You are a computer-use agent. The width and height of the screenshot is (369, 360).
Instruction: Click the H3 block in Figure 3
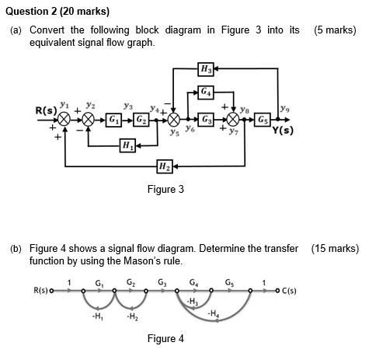pyautogui.click(x=205, y=70)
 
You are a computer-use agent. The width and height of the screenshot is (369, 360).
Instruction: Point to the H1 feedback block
pyautogui.click(x=127, y=145)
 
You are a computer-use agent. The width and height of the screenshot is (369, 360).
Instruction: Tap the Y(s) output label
pyautogui.click(x=283, y=130)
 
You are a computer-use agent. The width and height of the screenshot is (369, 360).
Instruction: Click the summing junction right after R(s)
pyautogui.click(x=65, y=121)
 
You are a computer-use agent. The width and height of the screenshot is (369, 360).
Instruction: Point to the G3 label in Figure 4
pyautogui.click(x=161, y=281)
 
